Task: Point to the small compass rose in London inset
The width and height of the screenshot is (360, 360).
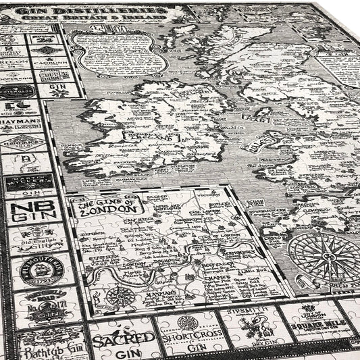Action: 121,295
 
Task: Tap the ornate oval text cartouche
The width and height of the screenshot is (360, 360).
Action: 120,53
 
